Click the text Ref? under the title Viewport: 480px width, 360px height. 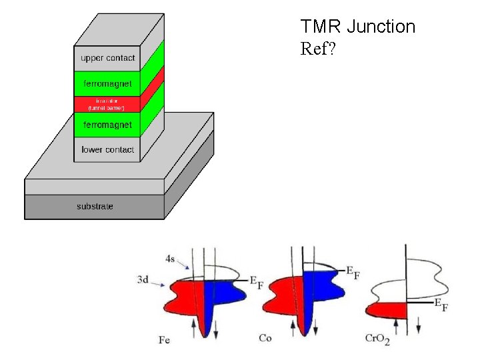[319, 50]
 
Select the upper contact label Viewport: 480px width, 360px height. [107, 58]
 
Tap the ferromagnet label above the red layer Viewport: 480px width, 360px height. [107, 84]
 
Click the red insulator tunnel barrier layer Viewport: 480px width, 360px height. [107, 104]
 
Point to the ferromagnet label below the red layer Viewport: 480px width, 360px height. [107, 125]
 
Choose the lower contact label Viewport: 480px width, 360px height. [107, 149]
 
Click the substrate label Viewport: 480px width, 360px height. [95, 207]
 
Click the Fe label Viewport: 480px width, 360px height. [164, 340]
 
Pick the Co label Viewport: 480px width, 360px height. [265, 339]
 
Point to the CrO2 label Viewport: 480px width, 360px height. [377, 340]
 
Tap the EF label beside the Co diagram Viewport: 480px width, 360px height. [353, 271]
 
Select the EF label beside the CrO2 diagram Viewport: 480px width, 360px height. [441, 305]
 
